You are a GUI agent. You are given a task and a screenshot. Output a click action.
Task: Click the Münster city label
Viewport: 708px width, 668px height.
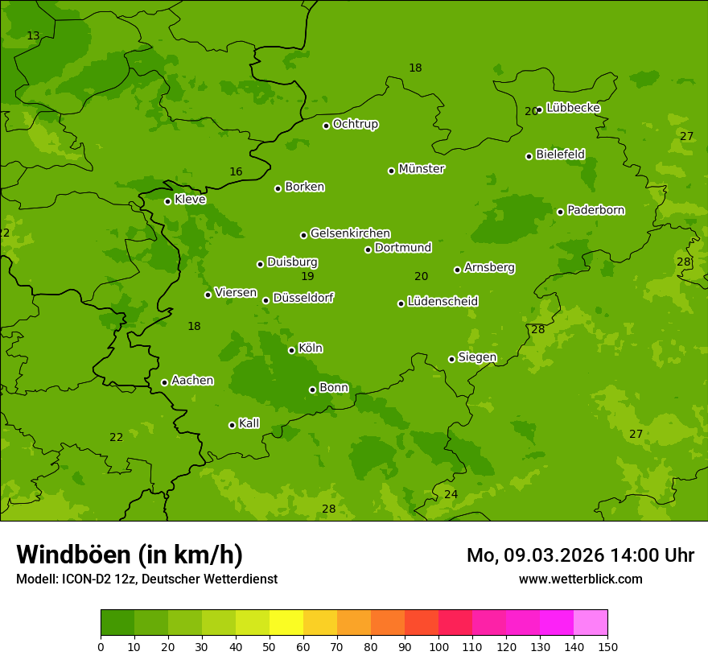point(421,169)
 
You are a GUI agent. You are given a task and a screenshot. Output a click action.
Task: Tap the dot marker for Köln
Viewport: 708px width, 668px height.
point(291,350)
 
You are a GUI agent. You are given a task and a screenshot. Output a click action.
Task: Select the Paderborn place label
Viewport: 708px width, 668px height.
point(595,210)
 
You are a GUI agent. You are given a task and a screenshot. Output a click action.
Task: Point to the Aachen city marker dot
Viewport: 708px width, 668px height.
point(164,382)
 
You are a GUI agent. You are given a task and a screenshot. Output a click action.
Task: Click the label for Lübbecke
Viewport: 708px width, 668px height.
point(573,108)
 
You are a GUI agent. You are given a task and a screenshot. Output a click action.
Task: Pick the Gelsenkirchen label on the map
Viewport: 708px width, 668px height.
point(350,233)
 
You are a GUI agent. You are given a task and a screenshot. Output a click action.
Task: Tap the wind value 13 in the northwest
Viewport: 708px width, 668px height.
point(33,35)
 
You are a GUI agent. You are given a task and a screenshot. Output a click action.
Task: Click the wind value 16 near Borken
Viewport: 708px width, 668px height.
point(236,171)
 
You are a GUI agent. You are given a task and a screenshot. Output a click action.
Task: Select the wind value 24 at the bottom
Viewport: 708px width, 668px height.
point(451,494)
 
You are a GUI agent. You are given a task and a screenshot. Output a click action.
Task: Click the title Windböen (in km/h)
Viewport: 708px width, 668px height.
point(130,555)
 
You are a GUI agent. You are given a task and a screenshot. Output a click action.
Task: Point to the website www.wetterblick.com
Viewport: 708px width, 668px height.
point(580,579)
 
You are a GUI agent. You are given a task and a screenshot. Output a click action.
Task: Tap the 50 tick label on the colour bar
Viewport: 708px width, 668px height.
point(270,646)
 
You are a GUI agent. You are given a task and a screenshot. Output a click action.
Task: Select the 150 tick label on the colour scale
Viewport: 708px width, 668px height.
point(607,646)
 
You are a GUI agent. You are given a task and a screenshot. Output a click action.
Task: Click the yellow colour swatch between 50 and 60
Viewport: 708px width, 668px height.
point(286,623)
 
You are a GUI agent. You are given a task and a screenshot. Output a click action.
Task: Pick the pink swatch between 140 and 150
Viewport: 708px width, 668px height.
point(591,623)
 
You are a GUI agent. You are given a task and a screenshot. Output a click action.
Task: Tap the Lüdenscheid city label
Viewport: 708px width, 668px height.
point(442,302)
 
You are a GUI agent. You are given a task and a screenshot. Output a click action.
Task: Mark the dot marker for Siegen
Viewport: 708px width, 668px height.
point(451,359)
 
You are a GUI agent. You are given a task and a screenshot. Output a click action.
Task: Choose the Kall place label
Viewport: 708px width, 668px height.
point(249,423)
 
